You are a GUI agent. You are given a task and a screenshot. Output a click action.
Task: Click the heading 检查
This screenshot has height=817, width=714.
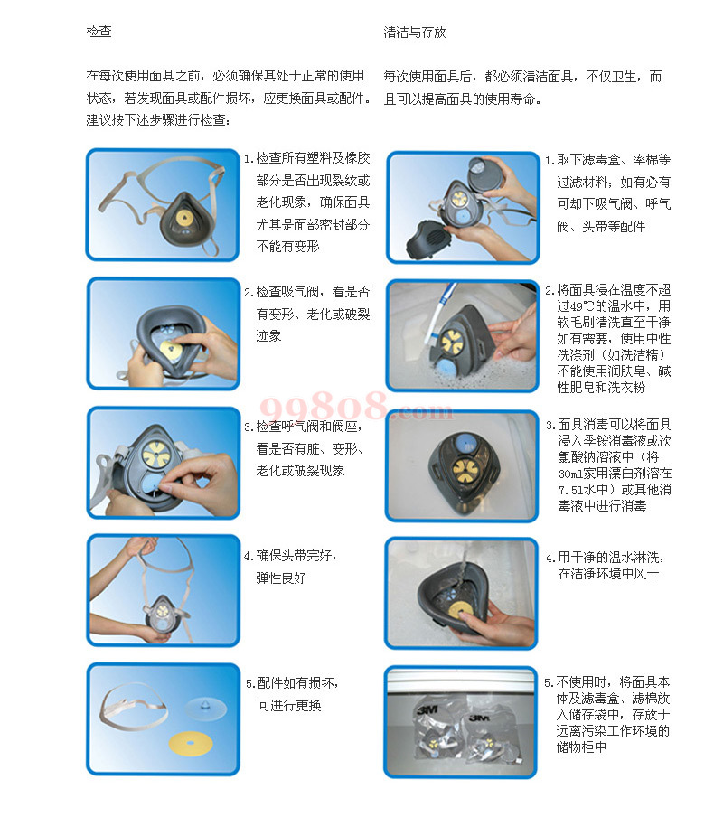click(99, 32)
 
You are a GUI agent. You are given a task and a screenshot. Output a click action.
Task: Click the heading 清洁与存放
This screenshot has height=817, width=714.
click(415, 33)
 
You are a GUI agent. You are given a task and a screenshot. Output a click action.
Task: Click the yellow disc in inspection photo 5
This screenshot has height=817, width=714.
click(190, 743)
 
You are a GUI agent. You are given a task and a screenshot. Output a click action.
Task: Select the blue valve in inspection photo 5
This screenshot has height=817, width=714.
click(206, 709)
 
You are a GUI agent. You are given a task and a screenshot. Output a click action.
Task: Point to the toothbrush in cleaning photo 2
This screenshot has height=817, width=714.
click(440, 314)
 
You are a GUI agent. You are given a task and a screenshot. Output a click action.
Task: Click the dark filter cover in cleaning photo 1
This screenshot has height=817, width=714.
click(428, 241)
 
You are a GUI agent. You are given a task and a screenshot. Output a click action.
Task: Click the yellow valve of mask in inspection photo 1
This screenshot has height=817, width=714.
click(183, 218)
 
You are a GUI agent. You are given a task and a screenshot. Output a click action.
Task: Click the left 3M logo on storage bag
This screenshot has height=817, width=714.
click(427, 709)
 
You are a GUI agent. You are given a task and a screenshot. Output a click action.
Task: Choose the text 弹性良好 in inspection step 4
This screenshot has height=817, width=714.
click(281, 578)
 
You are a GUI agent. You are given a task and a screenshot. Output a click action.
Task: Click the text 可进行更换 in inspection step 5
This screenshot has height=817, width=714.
click(290, 706)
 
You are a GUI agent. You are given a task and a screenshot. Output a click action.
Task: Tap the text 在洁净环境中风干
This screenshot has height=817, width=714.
click(608, 574)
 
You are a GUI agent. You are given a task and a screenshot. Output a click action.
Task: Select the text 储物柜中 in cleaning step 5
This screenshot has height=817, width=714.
click(581, 747)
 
